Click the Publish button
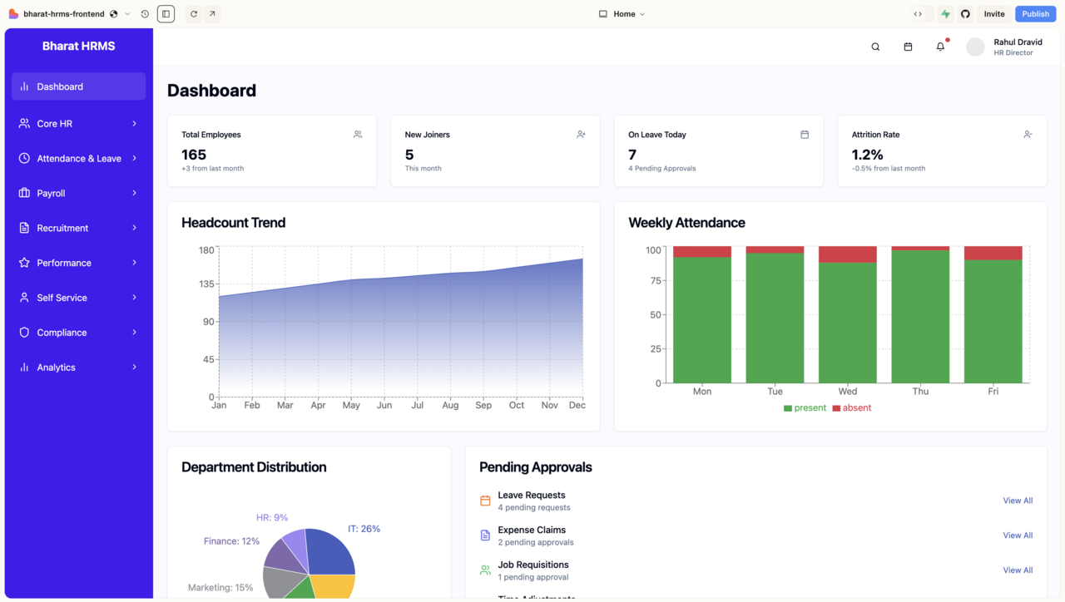(1035, 14)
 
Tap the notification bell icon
(940, 47)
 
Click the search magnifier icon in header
(875, 47)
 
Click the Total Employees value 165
(194, 155)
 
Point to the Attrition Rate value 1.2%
(867, 155)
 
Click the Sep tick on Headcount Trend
(483, 405)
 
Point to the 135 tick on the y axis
(206, 284)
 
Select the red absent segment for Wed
(847, 254)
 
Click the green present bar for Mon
(701, 320)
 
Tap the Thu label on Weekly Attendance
(920, 391)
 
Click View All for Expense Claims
(1017, 535)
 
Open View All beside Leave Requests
(1017, 501)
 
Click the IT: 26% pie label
(364, 529)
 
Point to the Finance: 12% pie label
(231, 541)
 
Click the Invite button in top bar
(994, 14)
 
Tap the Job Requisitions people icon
(485, 570)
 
